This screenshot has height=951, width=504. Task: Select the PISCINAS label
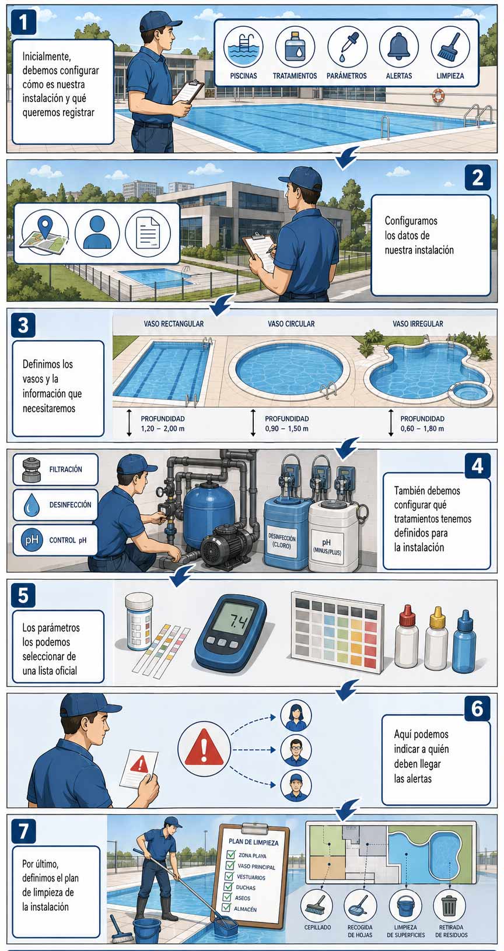[243, 76]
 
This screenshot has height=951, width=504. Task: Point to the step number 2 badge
[478, 177]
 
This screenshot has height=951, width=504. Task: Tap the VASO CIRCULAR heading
[291, 324]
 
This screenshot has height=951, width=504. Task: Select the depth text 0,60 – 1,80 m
[422, 429]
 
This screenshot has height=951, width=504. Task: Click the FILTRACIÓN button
[55, 469]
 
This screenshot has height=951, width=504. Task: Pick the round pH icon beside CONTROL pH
[32, 540]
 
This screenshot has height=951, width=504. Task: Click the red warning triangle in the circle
[204, 750]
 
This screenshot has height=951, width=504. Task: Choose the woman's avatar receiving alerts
[296, 716]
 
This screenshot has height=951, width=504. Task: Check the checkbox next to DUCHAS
[229, 887]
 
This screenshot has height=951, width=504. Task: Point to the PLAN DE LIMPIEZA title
[254, 842]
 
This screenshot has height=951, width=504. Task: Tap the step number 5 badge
[23, 595]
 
